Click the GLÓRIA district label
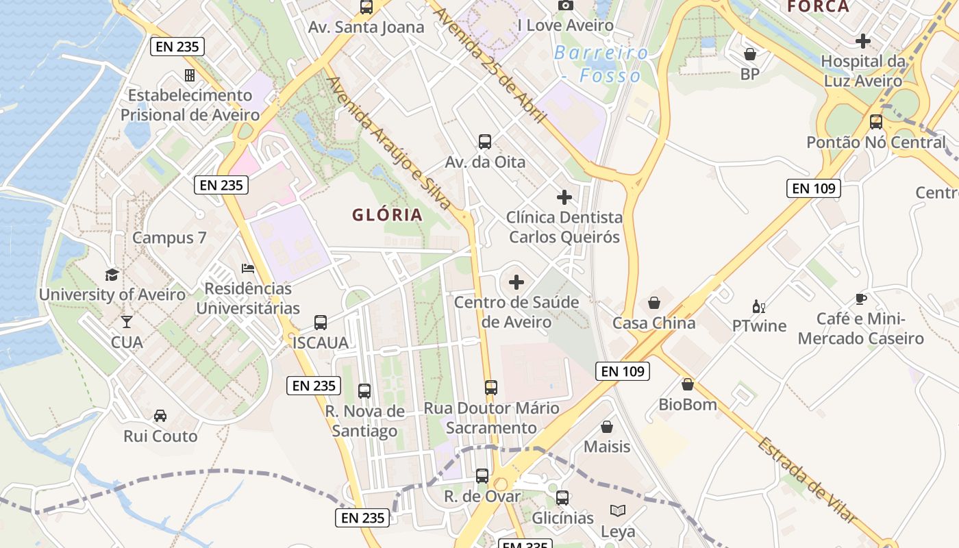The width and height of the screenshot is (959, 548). click(387, 215)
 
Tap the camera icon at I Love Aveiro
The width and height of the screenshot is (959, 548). click(566, 5)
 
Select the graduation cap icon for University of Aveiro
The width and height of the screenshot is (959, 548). click(112, 275)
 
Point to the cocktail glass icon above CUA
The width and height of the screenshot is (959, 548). click(127, 321)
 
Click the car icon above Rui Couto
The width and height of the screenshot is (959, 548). click(160, 416)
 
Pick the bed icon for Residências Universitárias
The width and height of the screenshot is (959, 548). click(248, 269)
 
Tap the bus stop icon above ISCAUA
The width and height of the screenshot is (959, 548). click(321, 323)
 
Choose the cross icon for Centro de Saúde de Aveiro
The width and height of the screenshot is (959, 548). click(516, 282)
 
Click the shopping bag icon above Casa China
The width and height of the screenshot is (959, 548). click(654, 303)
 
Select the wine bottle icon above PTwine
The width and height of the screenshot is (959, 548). click(759, 306)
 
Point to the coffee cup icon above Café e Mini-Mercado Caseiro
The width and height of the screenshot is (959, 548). click(861, 299)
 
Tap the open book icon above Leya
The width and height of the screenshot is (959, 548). click(618, 511)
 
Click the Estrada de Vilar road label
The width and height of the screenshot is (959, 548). click(807, 482)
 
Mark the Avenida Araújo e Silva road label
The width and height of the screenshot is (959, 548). click(389, 142)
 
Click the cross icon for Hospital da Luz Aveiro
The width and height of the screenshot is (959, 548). click(863, 41)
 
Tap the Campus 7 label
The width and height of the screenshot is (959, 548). click(169, 238)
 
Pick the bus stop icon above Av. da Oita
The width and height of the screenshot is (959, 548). click(485, 142)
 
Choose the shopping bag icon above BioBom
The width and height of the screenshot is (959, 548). click(688, 384)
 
